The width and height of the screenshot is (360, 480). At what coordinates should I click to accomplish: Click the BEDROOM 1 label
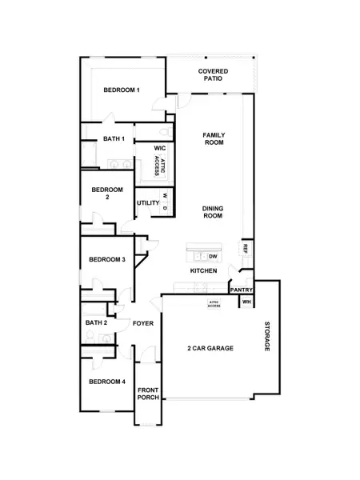(x=122, y=90)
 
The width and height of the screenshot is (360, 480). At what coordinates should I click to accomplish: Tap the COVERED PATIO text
(x=213, y=76)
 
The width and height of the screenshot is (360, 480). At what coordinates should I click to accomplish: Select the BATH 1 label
(x=114, y=139)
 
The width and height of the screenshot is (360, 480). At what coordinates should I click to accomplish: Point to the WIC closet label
(x=159, y=148)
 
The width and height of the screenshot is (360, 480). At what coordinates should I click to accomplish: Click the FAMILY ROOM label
(x=213, y=138)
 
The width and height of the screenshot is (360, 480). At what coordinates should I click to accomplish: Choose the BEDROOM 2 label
(x=106, y=194)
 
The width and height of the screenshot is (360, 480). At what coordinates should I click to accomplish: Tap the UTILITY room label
(x=148, y=203)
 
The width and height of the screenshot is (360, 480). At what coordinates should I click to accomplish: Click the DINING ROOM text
(x=213, y=212)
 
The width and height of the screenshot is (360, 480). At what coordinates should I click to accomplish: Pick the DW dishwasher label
(x=213, y=256)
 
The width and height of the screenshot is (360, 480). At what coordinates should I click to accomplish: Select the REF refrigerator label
(x=246, y=249)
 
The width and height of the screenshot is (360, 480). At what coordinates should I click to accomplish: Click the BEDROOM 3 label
(x=106, y=260)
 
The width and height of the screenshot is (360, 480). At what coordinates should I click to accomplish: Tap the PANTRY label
(x=242, y=290)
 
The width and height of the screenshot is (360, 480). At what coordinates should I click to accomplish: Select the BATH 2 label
(x=96, y=323)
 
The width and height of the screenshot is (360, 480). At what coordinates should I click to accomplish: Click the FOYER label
(x=143, y=324)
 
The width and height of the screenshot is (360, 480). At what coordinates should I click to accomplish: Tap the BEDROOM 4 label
(x=106, y=382)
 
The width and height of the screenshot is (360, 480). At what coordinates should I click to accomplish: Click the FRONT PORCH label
(x=148, y=394)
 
